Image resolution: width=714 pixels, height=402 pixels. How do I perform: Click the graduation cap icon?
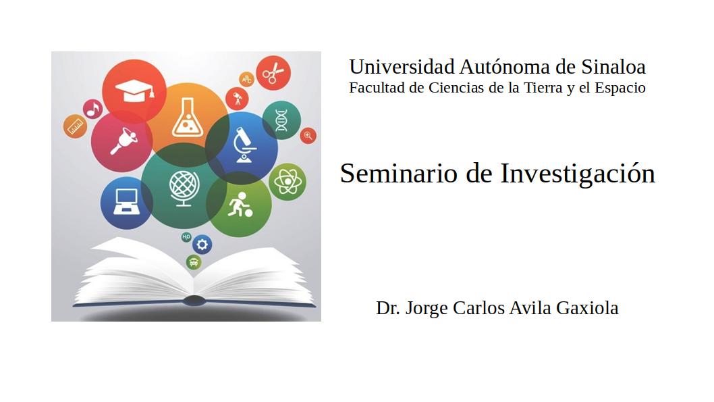(135, 91)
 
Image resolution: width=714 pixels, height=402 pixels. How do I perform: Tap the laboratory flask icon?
(187, 118)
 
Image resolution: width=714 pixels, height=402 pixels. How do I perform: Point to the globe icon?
(184, 188)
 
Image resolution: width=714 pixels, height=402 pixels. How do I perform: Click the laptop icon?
(126, 201)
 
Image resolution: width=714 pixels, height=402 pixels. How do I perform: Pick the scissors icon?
(273, 73)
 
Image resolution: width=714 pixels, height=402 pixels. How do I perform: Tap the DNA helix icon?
(281, 120)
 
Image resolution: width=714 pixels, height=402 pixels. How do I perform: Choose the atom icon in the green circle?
(287, 182)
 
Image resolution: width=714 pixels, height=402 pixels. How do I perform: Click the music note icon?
(93, 109)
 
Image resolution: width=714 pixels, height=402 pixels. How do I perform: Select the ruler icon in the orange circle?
(75, 126)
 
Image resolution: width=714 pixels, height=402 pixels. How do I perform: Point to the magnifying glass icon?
(308, 135)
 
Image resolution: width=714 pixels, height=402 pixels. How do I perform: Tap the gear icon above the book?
(202, 245)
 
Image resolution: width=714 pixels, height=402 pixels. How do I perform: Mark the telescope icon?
(238, 99)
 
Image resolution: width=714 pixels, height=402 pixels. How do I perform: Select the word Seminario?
(398, 174)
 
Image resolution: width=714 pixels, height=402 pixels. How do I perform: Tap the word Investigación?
(578, 174)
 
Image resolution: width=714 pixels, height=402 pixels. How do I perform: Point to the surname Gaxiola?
(587, 307)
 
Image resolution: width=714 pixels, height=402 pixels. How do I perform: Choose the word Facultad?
(377, 88)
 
